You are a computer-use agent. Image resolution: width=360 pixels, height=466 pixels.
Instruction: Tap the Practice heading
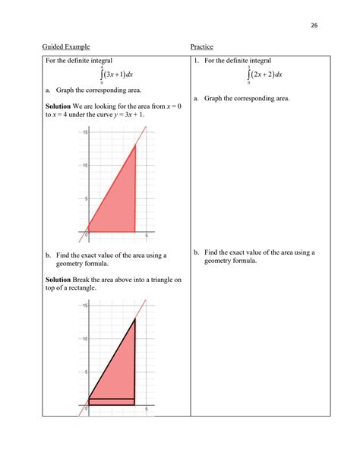point(201,47)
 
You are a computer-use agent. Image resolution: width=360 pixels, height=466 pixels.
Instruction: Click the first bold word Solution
point(58,106)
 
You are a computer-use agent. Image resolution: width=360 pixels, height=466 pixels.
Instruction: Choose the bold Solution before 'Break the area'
point(58,280)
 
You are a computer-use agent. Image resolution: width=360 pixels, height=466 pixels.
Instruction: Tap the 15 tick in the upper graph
point(86,133)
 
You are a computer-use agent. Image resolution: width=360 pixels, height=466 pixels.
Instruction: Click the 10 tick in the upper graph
point(86,166)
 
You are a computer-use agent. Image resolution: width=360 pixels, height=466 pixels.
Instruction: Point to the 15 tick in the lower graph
point(86,306)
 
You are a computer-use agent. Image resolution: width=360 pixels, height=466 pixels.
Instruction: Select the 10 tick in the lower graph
point(86,338)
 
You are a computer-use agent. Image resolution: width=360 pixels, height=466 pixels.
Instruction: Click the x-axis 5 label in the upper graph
point(146,236)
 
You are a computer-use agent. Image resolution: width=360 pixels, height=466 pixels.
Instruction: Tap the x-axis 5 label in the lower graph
point(146,408)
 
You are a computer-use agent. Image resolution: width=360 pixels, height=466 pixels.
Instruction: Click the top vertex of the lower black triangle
point(135,319)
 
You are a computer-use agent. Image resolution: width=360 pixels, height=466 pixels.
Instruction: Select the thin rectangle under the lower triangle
point(112,401)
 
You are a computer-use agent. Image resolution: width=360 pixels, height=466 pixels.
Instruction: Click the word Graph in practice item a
point(213,98)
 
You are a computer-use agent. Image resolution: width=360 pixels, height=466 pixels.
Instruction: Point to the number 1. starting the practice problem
point(196,61)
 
